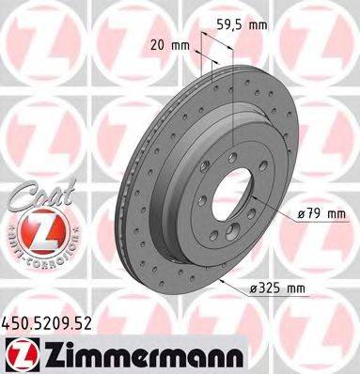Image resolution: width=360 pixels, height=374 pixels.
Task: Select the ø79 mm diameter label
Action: [321, 215]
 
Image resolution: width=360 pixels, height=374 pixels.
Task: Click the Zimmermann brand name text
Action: [115, 357]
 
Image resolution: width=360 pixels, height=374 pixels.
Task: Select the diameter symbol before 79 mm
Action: [301, 215]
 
